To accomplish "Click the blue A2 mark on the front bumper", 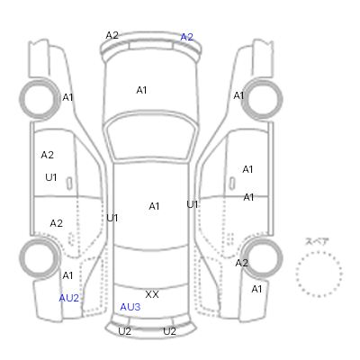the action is pos(186,37).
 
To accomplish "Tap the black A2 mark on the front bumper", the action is pos(112,35).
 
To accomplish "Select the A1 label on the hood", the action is pos(141,90).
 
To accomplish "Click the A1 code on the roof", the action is pos(154,206).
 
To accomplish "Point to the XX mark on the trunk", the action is pos(152,294).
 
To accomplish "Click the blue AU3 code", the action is pos(130,307).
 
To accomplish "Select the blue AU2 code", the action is pos(69,298).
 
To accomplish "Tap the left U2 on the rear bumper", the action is pos(124,331).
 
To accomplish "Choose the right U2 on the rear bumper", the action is pos(169,331).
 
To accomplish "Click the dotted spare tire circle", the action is pos(319,252).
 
